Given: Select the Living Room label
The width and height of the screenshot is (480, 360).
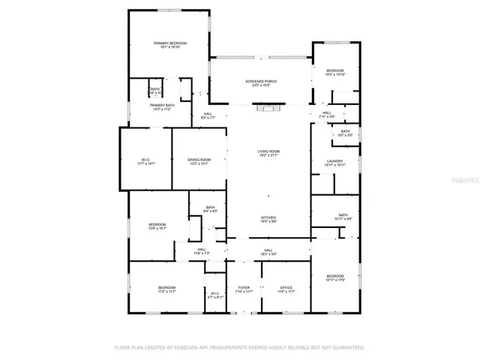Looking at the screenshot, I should [268, 154].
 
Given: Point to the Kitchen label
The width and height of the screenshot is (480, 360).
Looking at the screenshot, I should [268, 219].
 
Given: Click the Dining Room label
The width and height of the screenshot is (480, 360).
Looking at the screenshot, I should [199, 161].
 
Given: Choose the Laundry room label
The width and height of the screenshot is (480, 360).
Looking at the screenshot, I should [334, 163].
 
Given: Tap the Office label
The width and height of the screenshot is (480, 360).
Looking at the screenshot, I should [286, 289].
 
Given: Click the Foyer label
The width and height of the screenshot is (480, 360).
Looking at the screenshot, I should [244, 289].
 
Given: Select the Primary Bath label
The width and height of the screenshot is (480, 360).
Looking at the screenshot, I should [163, 107].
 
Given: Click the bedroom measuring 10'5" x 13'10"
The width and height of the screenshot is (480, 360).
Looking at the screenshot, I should [334, 72].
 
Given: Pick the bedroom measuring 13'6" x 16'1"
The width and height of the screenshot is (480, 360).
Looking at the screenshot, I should [157, 226].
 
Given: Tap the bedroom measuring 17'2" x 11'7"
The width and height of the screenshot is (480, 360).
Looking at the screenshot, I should [166, 289].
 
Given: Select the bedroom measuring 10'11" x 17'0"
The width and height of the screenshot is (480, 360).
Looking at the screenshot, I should [334, 278].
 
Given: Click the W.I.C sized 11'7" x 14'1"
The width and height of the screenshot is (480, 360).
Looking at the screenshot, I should [145, 161].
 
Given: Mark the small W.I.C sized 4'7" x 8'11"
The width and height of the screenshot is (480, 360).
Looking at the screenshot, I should [215, 295].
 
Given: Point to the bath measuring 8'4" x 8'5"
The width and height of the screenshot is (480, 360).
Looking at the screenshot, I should [210, 209].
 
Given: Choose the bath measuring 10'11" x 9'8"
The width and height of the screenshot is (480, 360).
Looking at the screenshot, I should [343, 217].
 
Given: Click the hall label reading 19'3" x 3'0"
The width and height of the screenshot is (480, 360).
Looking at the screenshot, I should [268, 252].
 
